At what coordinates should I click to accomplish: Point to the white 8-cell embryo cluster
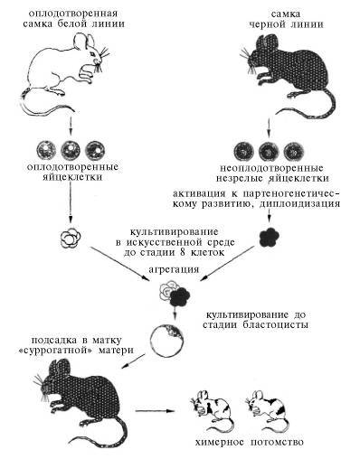pyautogui.click(x=65, y=238)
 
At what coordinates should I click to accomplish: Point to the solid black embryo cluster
pyautogui.click(x=267, y=237)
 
